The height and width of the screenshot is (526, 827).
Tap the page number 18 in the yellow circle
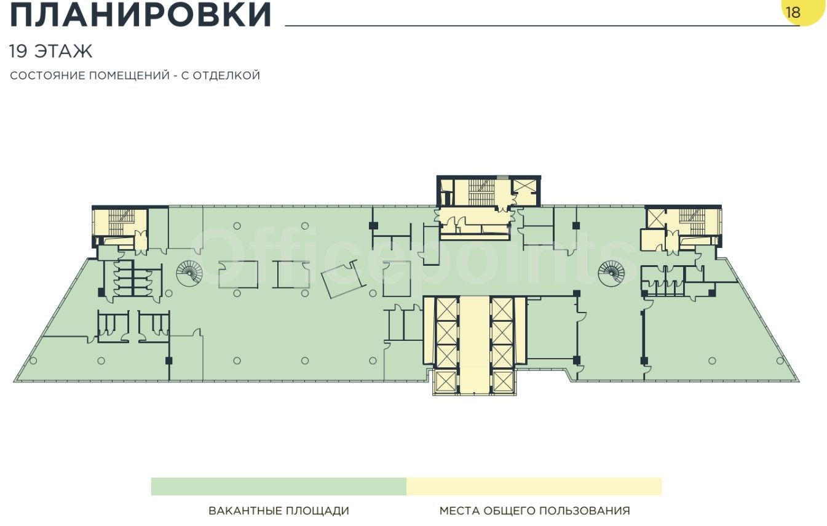point(793,12)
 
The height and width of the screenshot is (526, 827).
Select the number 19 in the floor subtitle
point(18,51)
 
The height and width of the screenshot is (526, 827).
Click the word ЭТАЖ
point(63,51)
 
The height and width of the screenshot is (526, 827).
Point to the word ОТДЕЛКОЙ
point(227,75)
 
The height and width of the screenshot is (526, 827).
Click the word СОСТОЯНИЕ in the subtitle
point(49,75)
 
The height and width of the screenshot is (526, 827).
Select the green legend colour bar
point(279,486)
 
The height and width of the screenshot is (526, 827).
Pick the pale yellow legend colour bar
point(534,486)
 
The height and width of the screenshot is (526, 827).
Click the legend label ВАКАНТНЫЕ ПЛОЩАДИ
point(279,511)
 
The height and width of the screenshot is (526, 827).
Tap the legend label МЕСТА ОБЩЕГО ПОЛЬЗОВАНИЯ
point(534,511)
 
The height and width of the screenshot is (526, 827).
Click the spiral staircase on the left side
point(189,273)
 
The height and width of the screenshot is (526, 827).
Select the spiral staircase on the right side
point(611,273)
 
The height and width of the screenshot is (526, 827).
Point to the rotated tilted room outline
point(343,279)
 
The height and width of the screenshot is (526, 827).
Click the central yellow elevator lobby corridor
point(475,345)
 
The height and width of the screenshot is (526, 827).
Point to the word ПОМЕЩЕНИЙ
point(129,75)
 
